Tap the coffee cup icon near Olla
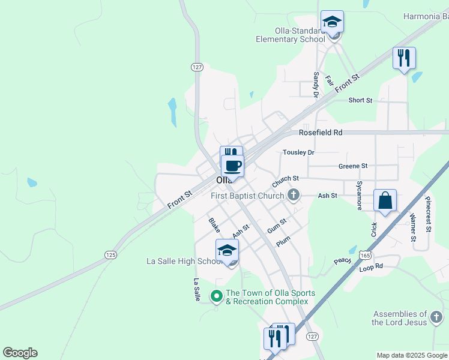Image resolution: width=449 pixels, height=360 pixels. [232, 165]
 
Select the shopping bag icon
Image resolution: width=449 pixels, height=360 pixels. [385, 201]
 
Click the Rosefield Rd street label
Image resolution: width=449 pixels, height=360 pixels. [321, 132]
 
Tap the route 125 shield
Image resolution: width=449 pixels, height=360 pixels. [110, 255]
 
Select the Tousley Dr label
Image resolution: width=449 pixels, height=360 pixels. [298, 153]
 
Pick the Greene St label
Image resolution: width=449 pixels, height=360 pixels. [353, 166]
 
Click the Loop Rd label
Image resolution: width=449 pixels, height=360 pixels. [370, 266]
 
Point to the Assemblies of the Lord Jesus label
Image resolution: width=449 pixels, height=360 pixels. [400, 318]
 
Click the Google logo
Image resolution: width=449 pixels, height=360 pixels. [20, 353]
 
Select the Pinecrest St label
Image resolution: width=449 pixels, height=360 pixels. [429, 214]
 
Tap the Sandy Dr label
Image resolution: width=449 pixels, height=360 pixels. [316, 85]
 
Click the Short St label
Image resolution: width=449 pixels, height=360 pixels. [360, 100]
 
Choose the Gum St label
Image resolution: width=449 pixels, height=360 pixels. [277, 225]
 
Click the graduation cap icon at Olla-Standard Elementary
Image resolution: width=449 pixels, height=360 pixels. [332, 22]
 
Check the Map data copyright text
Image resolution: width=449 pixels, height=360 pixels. [412, 355]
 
